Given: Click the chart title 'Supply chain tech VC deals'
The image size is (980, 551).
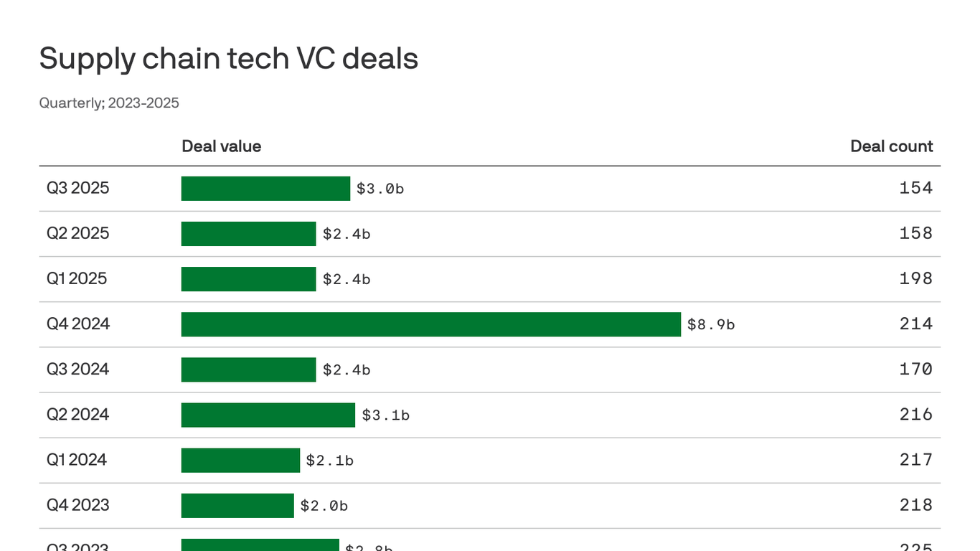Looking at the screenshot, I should coord(228,58).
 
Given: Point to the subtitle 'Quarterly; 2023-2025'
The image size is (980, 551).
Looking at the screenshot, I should coord(109,103).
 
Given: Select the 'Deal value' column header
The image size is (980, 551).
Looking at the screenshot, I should coord(221,146).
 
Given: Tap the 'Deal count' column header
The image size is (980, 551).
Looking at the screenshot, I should coord(891,146).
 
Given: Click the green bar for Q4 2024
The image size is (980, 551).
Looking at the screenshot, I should coord(430,324).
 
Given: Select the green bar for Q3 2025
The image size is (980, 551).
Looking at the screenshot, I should coord(265,189).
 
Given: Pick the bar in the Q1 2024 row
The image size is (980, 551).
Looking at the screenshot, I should coord(240,461).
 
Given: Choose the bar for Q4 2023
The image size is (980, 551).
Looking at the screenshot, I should coord(237,506).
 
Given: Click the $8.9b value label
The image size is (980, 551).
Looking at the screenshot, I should coord(710,324).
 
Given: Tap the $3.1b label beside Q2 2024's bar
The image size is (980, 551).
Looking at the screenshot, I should coord(385,415).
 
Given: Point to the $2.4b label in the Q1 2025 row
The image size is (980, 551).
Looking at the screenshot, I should coord(346,279).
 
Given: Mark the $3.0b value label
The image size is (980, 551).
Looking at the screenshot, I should coord(380,189).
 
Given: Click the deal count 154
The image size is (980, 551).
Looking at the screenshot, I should coord(915,188).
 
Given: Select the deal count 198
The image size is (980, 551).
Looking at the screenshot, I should coord(915,278).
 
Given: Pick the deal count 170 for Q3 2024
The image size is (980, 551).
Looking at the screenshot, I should coord(915,369).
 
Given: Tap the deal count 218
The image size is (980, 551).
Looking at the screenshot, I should coord(915,505).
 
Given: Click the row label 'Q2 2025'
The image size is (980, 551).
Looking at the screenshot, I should coord(77,233).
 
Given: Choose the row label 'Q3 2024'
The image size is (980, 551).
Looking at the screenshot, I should coord(77,369).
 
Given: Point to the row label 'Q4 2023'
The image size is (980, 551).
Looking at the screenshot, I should coord(77,505).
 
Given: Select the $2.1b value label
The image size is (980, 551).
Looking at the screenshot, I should coord(329,461).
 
